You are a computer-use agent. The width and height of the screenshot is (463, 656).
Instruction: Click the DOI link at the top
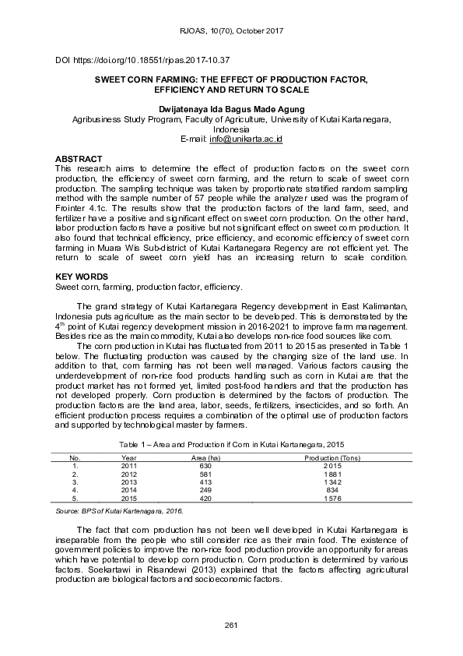click(142, 60)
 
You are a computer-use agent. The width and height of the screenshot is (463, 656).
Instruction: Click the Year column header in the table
click(129, 457)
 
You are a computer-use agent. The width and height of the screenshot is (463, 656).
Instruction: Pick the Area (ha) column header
click(206, 457)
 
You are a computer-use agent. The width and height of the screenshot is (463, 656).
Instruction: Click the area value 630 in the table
click(206, 465)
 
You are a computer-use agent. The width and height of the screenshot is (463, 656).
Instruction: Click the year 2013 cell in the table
click(129, 481)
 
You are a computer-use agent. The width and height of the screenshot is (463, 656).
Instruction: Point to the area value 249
click(206, 489)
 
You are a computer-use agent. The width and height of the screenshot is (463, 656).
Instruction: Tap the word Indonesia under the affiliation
click(231, 130)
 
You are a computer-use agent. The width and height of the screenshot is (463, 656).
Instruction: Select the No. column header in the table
click(75, 457)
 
